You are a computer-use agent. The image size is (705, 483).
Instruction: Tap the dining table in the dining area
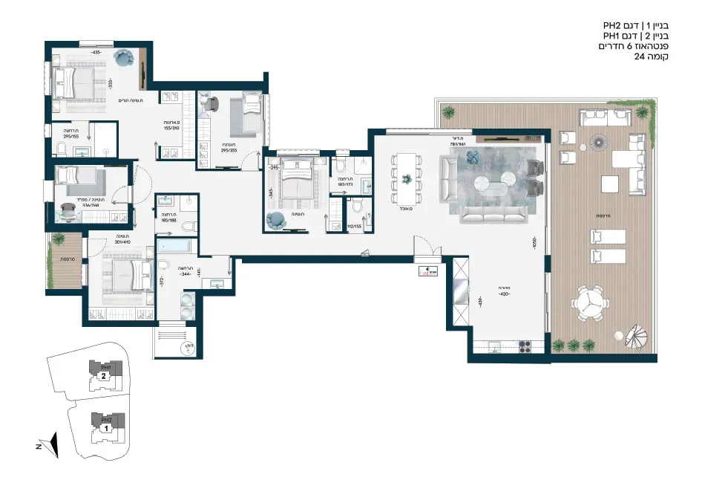point(406,178)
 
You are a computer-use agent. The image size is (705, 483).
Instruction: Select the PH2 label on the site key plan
point(106,419)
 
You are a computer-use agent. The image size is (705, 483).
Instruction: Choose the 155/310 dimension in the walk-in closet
point(172,126)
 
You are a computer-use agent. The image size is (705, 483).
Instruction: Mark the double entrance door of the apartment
point(424,247)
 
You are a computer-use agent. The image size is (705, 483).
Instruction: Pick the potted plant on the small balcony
point(56,238)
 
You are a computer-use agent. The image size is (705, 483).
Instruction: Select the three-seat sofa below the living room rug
point(493,214)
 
